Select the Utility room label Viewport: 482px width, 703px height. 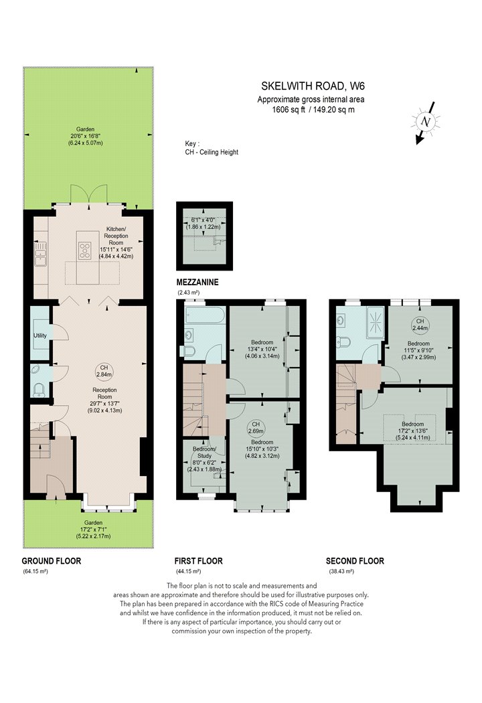(40, 335)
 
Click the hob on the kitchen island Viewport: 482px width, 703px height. (84, 250)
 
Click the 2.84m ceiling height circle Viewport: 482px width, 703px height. (104, 371)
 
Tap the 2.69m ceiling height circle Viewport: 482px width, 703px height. (256, 428)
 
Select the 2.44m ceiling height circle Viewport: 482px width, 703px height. (420, 325)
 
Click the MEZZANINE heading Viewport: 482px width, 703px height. (197, 283)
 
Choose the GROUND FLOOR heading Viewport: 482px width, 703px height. (52, 561)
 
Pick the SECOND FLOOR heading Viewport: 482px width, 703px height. (355, 561)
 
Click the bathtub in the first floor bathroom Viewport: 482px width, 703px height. (204, 315)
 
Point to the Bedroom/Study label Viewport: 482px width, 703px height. (204, 453)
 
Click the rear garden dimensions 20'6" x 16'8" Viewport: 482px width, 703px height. (85, 136)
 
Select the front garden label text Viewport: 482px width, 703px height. (93, 523)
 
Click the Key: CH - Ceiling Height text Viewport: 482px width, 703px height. (212, 148)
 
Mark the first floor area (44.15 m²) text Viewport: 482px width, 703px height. (188, 572)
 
